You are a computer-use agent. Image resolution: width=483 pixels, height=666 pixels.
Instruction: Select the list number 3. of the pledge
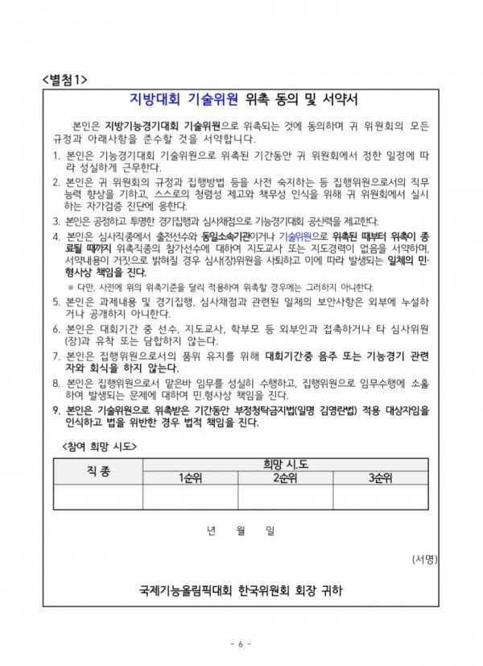click(x=56, y=221)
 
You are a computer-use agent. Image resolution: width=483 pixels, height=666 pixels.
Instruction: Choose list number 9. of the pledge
click(x=56, y=410)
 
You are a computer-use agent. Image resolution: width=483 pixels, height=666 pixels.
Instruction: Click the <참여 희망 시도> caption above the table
click(x=97, y=446)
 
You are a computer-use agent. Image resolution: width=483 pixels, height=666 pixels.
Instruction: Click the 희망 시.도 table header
click(x=287, y=464)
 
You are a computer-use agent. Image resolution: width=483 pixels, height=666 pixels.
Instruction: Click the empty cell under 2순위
click(x=287, y=497)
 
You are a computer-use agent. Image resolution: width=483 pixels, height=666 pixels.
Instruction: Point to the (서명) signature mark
click(x=425, y=558)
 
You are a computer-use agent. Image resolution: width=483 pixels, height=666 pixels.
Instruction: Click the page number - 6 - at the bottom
click(x=241, y=644)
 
